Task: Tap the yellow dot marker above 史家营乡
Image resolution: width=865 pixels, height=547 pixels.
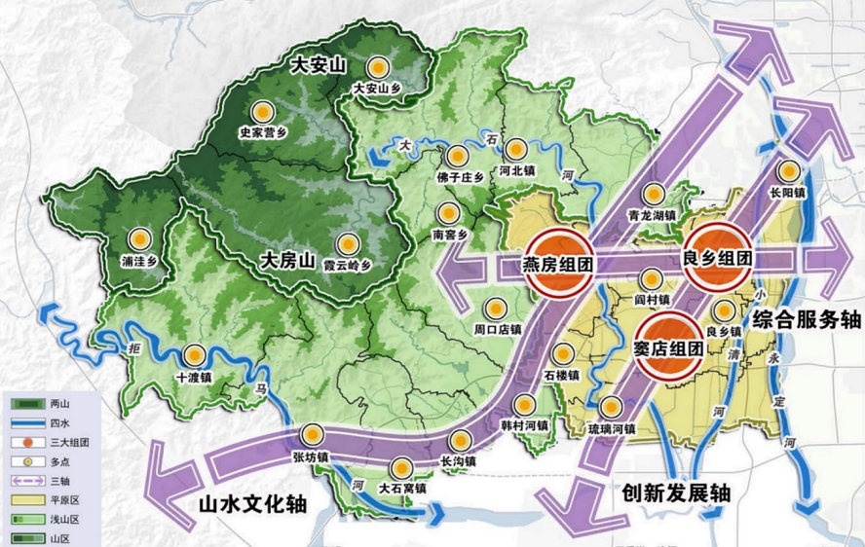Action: tap(261, 111)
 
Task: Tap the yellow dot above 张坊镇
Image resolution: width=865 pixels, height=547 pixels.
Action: tap(314, 435)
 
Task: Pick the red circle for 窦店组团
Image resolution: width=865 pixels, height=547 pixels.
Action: tap(669, 346)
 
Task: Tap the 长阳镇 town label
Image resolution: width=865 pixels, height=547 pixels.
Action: tap(786, 193)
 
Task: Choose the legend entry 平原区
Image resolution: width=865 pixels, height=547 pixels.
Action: tap(56, 497)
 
